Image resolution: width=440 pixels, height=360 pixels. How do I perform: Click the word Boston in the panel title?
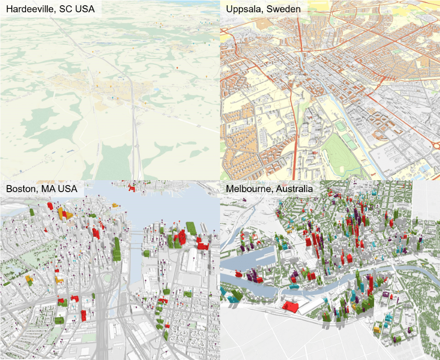(x=20, y=189)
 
